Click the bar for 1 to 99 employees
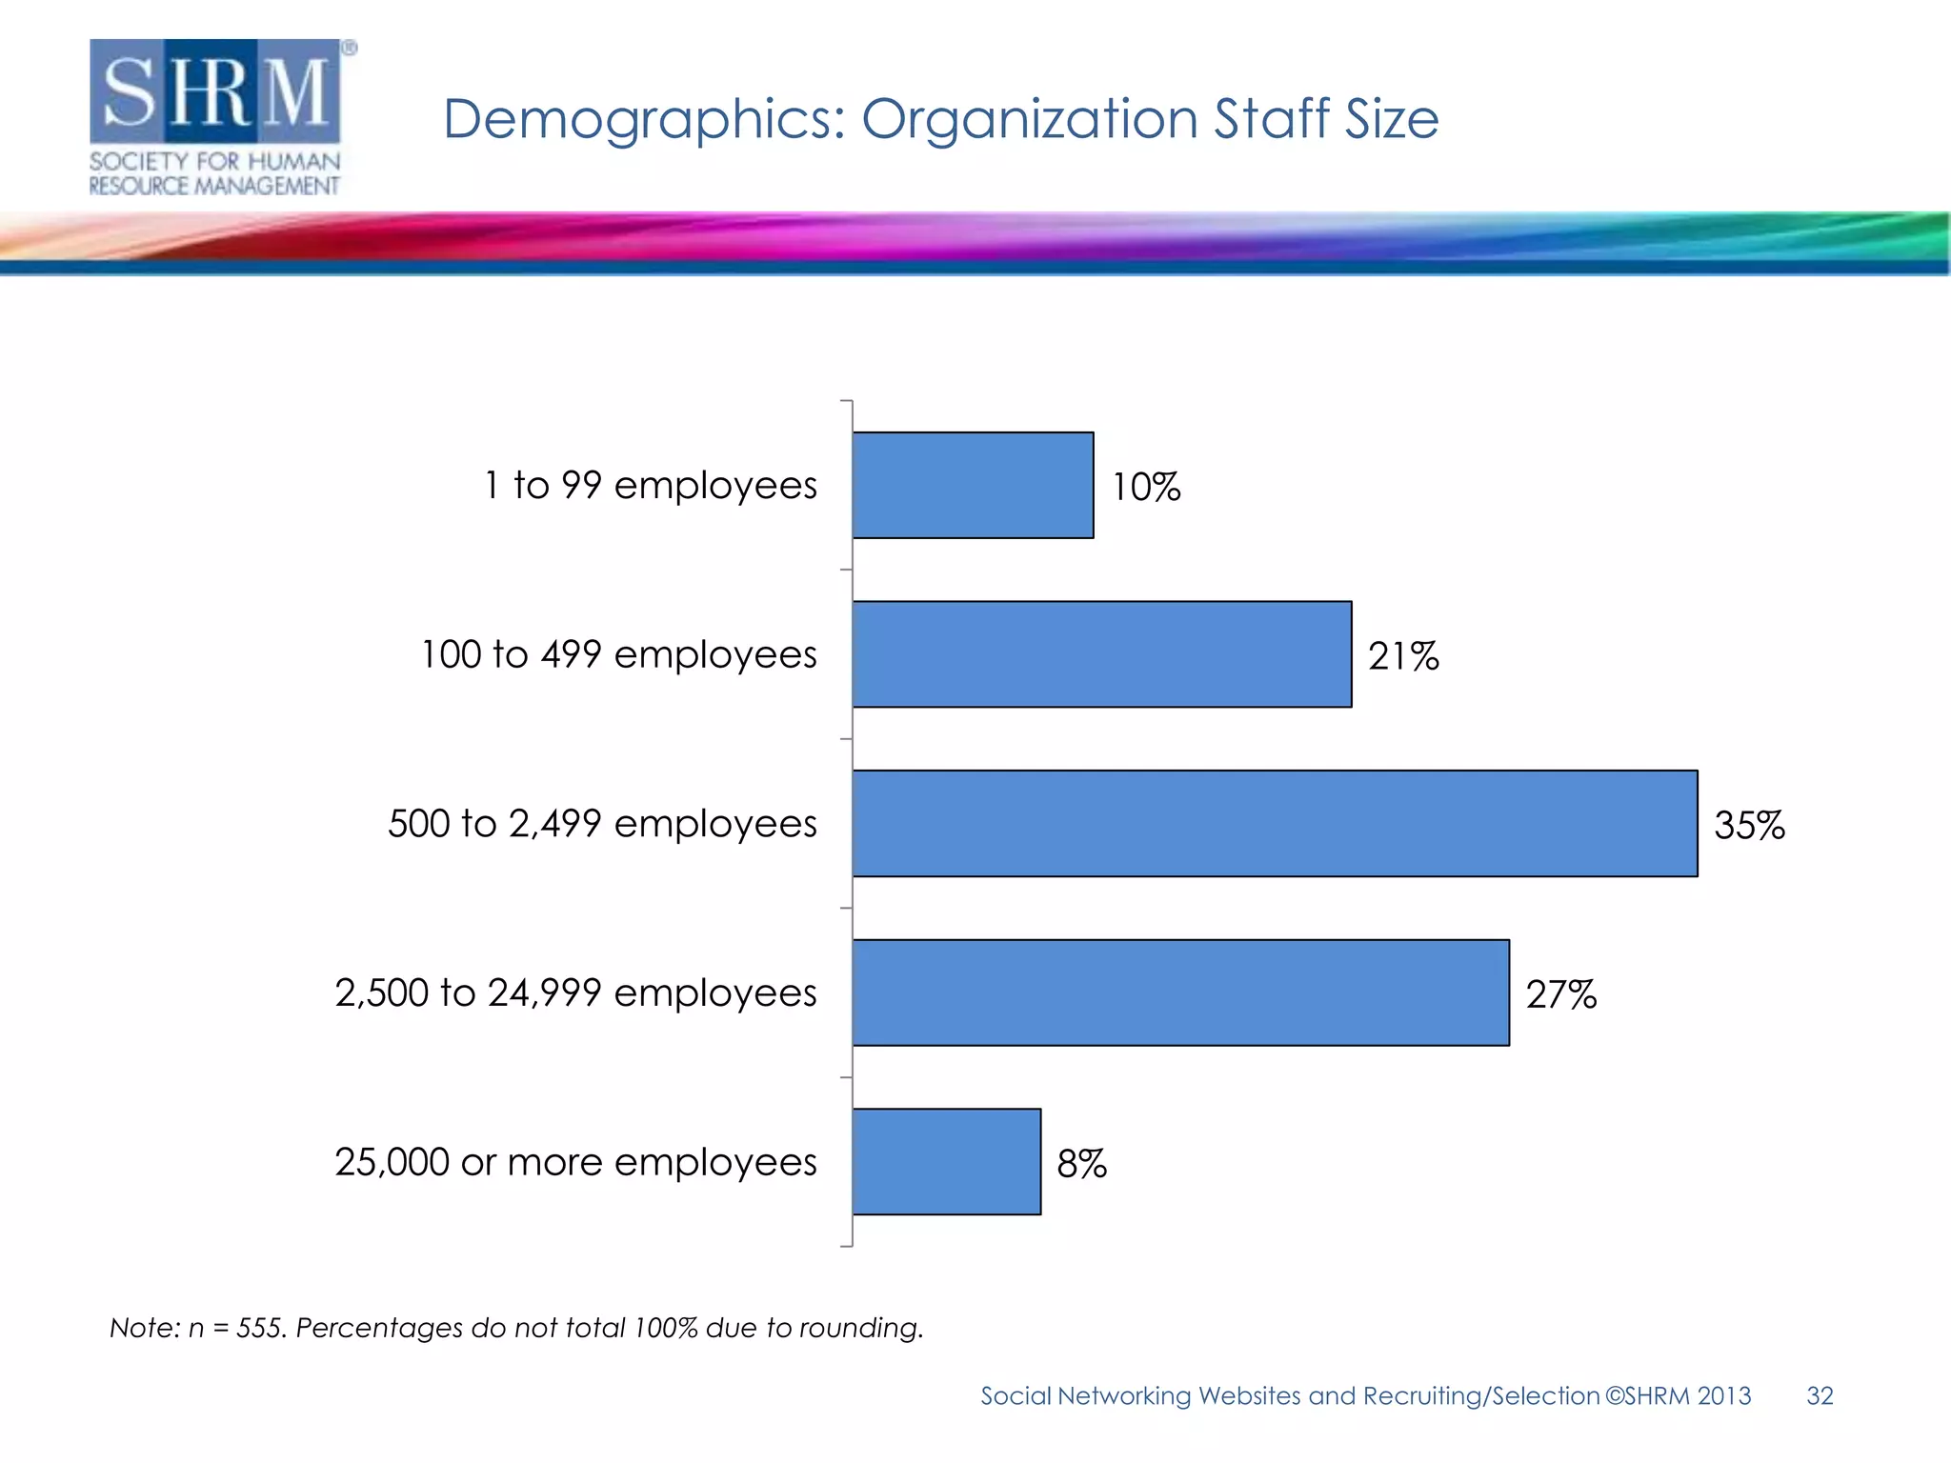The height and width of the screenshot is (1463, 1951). [973, 485]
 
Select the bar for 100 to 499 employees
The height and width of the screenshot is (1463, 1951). [1101, 654]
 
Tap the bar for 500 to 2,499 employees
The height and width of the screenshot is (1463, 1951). [1275, 823]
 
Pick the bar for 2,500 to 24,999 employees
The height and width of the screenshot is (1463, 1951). [1180, 992]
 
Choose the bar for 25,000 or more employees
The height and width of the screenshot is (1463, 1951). [946, 1161]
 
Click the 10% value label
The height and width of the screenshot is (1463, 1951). [1146, 487]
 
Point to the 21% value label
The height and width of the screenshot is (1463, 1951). [1403, 656]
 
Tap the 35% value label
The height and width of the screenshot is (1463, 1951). [1749, 825]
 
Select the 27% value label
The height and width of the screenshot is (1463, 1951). [1560, 994]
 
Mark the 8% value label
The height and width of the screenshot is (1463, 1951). [1081, 1163]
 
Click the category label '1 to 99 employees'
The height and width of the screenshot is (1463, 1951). [651, 485]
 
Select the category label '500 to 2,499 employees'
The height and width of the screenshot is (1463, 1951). [602, 824]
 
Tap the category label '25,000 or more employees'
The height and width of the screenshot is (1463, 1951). [575, 1162]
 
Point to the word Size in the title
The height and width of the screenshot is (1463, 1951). [1391, 119]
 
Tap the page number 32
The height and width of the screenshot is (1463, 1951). [1820, 1395]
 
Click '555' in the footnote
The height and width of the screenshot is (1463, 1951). [260, 1328]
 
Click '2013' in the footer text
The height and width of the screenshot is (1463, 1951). [1723, 1395]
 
